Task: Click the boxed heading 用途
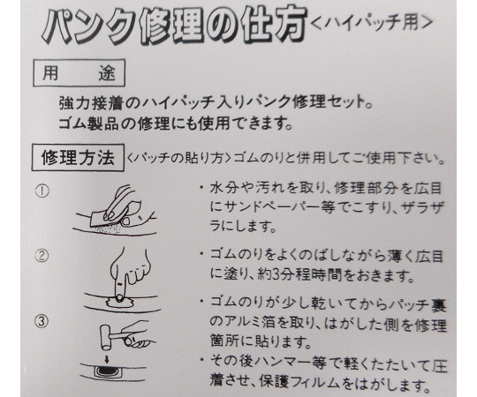click(x=79, y=73)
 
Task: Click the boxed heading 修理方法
click(x=78, y=158)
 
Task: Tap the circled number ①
click(x=42, y=191)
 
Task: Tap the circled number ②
click(x=42, y=256)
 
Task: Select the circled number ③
click(x=42, y=321)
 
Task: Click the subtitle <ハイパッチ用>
click(x=372, y=23)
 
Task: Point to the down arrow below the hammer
click(x=107, y=359)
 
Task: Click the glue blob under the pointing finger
click(x=120, y=303)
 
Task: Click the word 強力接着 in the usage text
click(x=92, y=104)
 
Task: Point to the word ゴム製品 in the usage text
click(x=88, y=124)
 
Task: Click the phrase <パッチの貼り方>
click(x=178, y=158)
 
